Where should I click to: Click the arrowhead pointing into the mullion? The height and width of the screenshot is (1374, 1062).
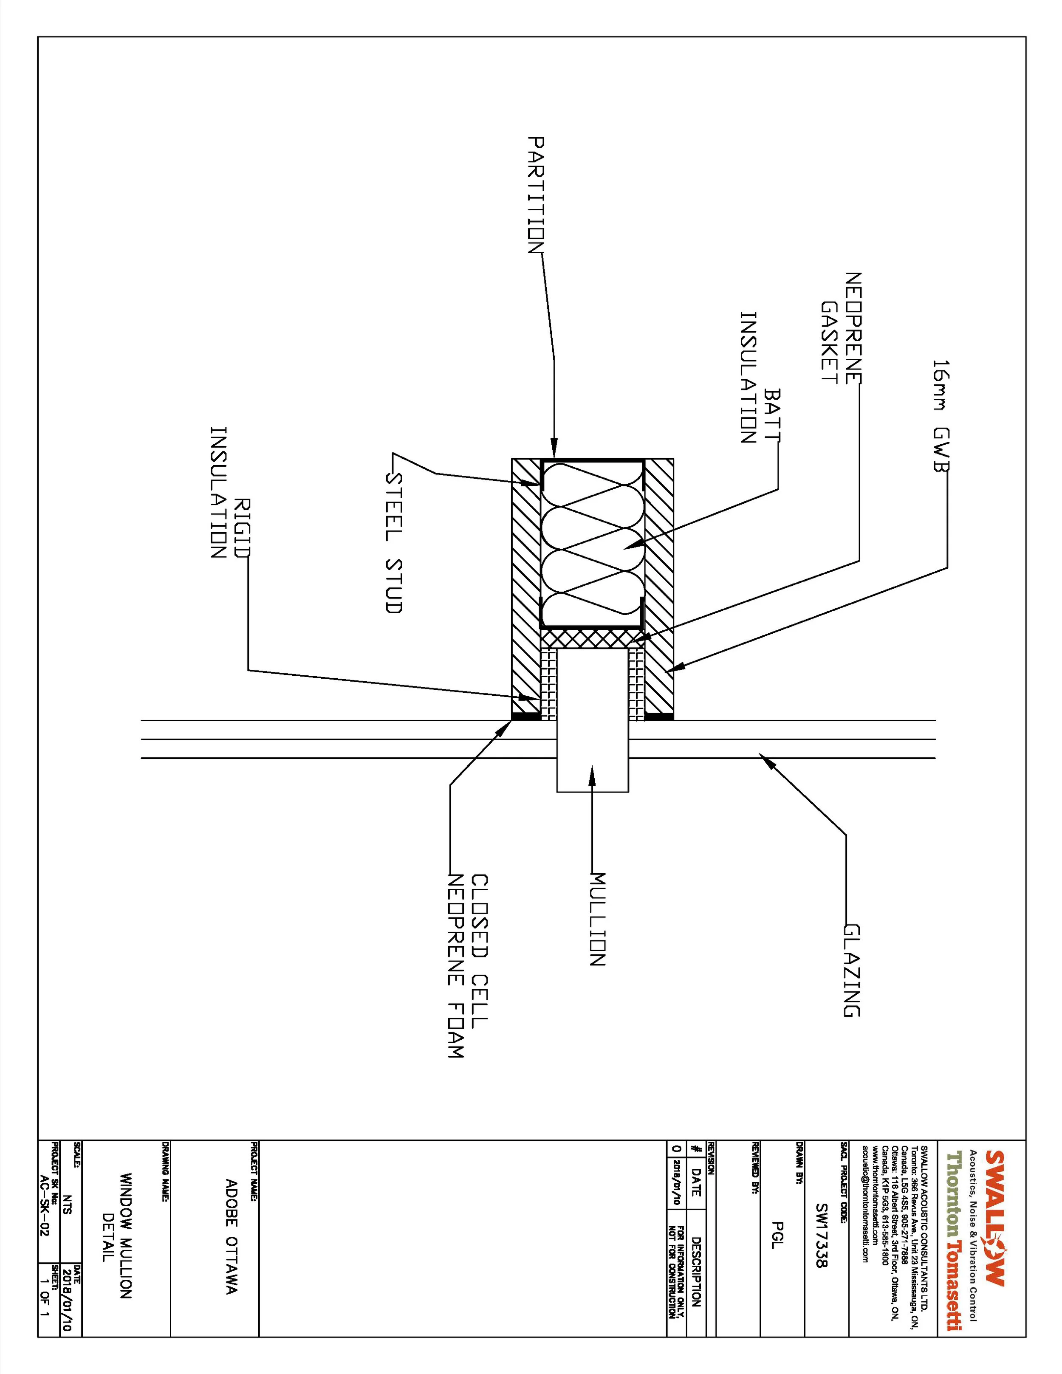tap(591, 773)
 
